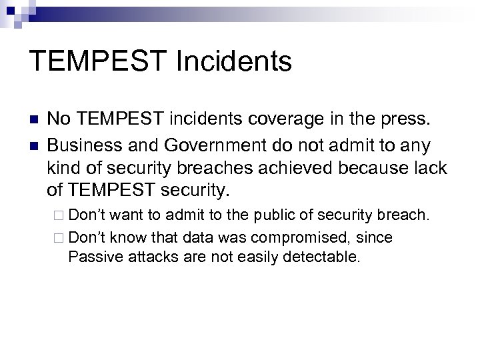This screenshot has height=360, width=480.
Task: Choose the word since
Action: (375, 237)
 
